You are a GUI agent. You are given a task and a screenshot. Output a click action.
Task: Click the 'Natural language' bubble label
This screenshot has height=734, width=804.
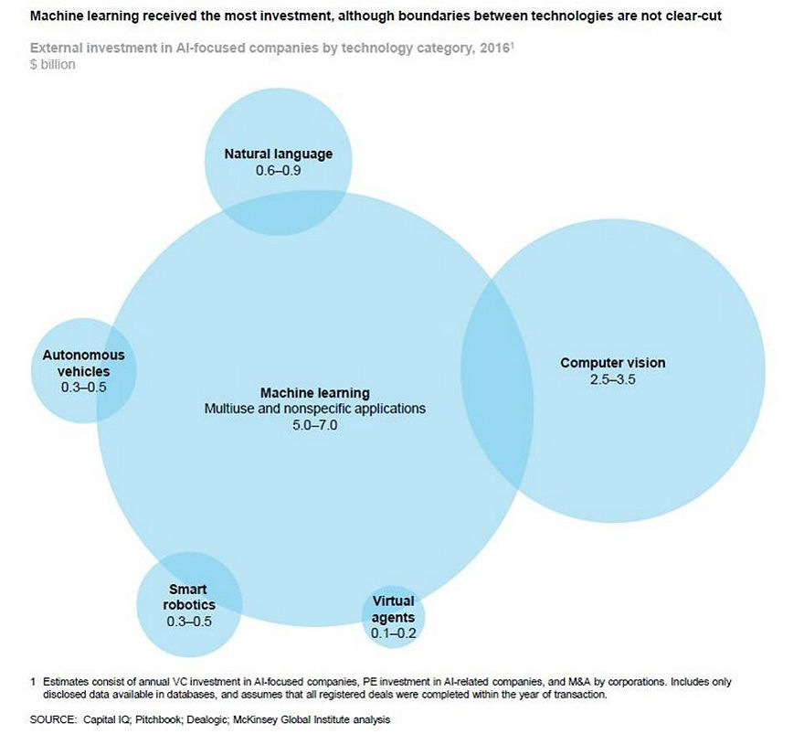tap(278, 154)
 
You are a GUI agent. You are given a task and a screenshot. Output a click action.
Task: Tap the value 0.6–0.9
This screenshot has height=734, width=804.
tap(278, 170)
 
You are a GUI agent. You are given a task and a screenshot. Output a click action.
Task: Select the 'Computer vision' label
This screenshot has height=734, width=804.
tap(612, 363)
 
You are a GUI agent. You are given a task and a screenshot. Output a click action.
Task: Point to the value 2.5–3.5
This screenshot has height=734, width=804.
tap(612, 379)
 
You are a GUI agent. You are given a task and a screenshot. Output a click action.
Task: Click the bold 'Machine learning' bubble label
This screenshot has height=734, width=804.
tap(314, 392)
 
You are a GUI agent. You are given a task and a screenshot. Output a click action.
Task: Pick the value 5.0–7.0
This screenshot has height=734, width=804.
tap(314, 425)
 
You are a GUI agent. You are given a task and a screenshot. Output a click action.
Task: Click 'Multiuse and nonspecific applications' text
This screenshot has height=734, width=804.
tap(314, 409)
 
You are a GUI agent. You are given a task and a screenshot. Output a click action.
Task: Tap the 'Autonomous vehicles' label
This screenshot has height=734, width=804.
tap(83, 363)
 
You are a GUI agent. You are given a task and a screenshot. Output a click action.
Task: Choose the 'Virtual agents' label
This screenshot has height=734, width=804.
tap(393, 609)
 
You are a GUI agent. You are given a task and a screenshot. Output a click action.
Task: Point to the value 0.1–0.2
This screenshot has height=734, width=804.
tap(393, 633)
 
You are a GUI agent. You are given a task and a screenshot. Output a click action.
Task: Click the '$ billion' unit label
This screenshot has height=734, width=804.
tap(52, 65)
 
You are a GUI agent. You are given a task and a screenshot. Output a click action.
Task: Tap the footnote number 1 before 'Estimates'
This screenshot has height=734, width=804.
tap(33, 682)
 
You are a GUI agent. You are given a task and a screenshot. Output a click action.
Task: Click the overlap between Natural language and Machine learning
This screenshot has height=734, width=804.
tap(278, 214)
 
